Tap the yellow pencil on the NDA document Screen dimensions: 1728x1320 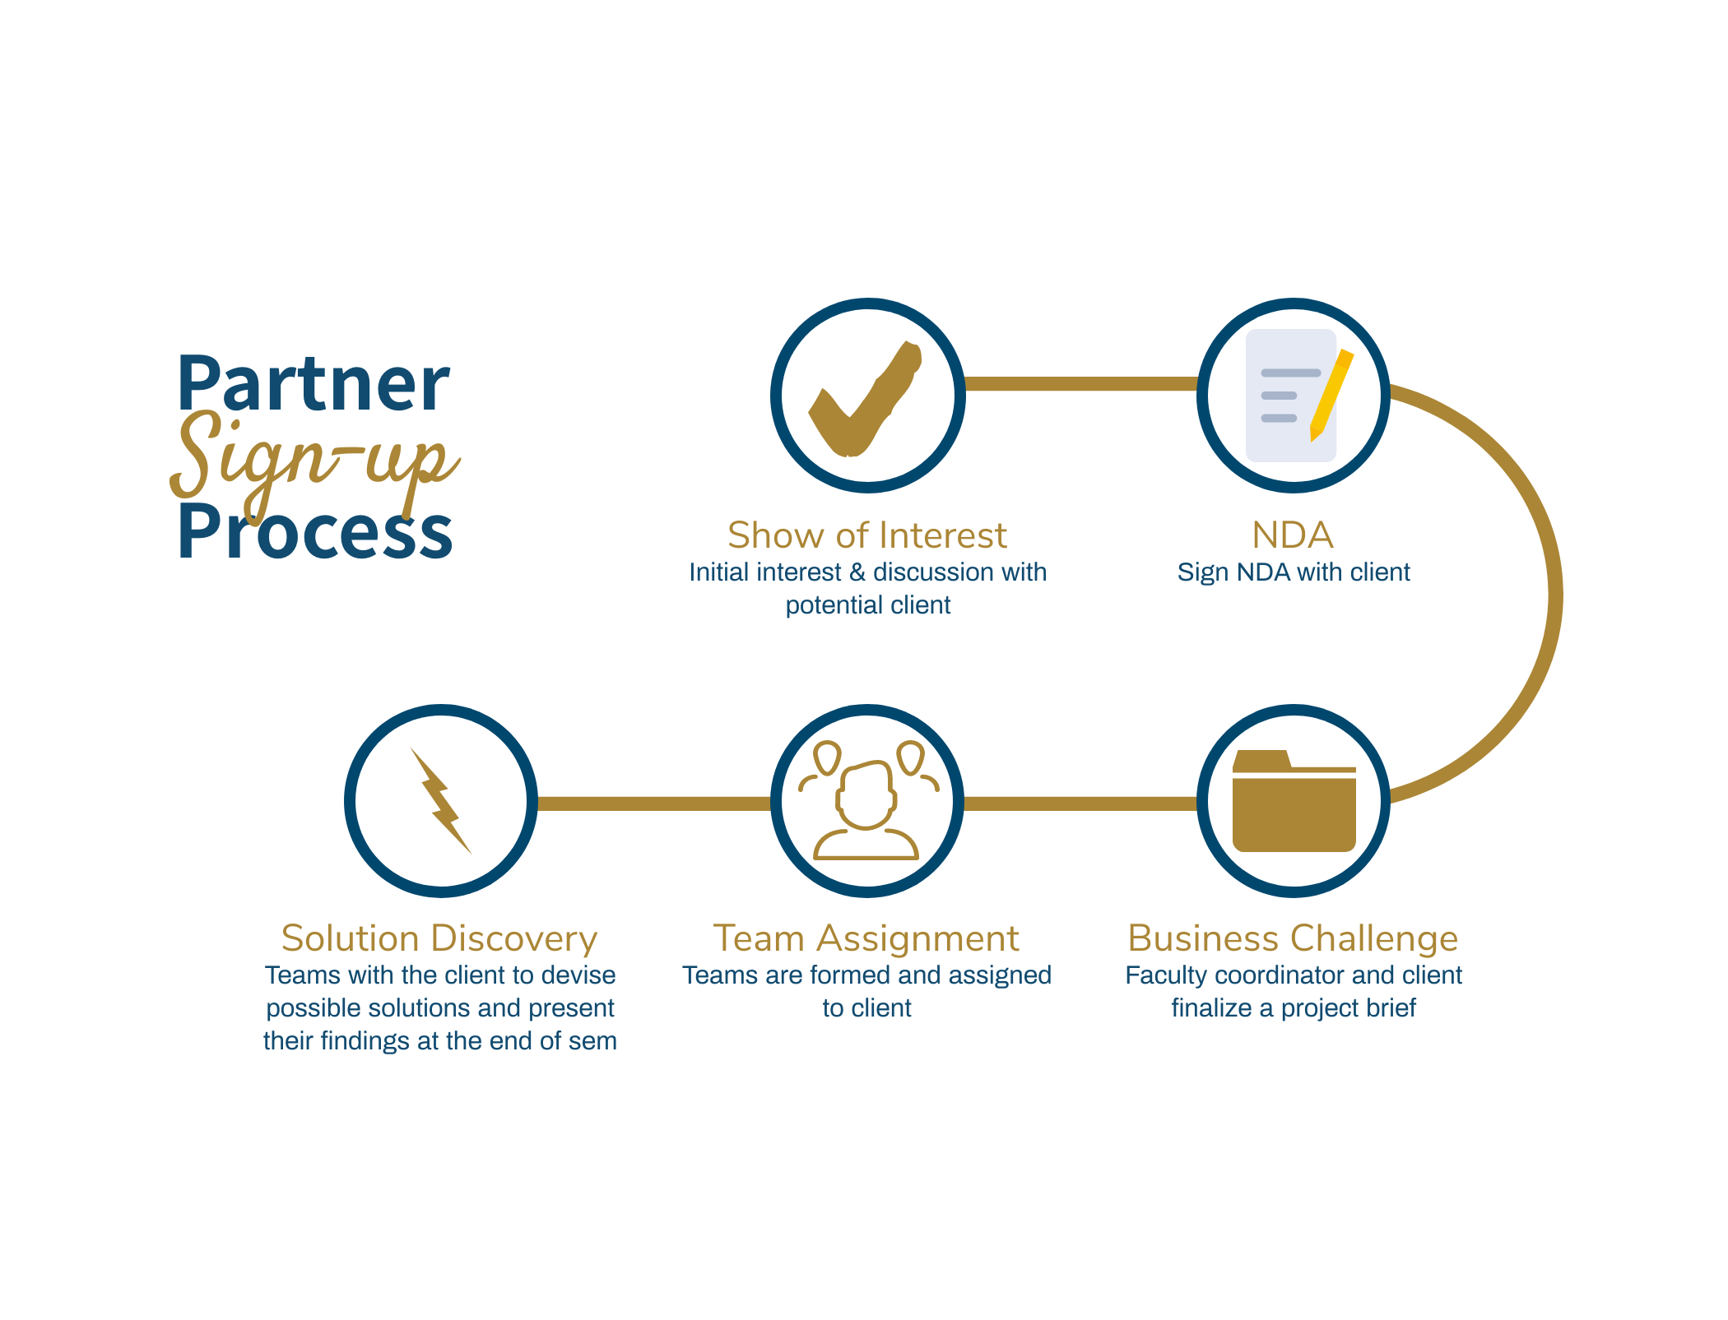point(1331,395)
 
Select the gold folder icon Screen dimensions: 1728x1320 point(1294,801)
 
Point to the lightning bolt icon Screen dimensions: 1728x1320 point(441,800)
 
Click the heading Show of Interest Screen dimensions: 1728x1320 point(867,535)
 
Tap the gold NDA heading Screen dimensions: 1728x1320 point(1293,535)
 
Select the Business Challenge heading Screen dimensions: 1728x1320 point(1293,938)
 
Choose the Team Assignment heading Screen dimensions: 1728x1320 point(866,938)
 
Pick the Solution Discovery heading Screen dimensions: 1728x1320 point(439,938)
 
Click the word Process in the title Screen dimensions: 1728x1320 point(315,531)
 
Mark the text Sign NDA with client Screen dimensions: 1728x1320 point(1294,572)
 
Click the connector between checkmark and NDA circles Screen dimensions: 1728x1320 point(1081,384)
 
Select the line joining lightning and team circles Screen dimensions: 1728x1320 point(654,804)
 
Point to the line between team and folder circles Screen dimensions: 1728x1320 point(1081,804)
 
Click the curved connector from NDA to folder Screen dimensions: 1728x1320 point(1555,594)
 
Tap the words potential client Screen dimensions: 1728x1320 point(868,606)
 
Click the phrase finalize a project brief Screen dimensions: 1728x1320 point(1294,1008)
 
